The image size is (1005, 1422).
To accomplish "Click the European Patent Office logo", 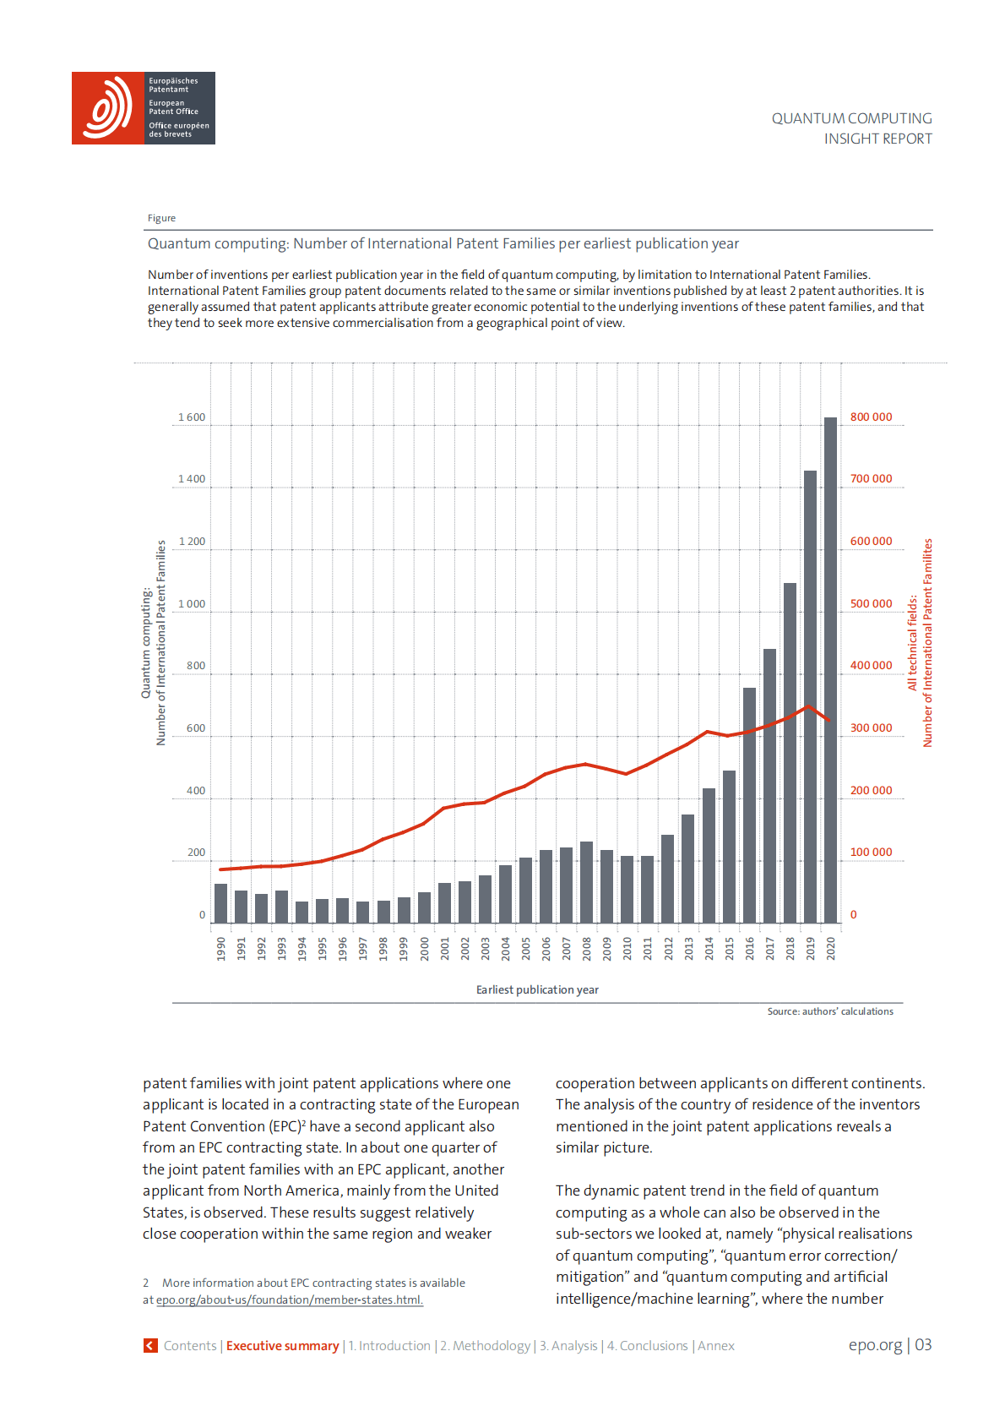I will tap(143, 108).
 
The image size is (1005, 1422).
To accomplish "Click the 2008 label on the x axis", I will tap(587, 948).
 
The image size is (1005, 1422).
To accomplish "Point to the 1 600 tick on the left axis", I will tap(192, 417).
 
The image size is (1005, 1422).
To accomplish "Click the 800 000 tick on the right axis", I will tap(871, 417).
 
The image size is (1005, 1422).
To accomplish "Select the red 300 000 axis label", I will tap(871, 728).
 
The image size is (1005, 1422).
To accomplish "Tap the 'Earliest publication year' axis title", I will tap(537, 989).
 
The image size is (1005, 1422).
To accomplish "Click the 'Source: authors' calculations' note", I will tap(829, 1011).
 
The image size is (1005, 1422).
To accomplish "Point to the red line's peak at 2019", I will tap(809, 706).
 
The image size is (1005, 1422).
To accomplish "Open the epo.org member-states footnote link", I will tap(289, 1299).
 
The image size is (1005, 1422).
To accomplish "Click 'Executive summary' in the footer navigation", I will tap(282, 1346).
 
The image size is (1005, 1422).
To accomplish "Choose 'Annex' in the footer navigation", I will tap(716, 1346).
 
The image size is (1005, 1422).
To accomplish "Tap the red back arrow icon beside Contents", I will tap(150, 1345).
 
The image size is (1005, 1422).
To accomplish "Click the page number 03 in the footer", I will tap(923, 1345).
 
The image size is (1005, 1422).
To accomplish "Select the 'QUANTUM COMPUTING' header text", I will tap(851, 118).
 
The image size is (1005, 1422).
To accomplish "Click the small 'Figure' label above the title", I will tap(161, 218).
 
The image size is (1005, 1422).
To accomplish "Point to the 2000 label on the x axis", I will tap(424, 948).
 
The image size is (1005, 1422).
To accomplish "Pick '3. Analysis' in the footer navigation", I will tap(568, 1346).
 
